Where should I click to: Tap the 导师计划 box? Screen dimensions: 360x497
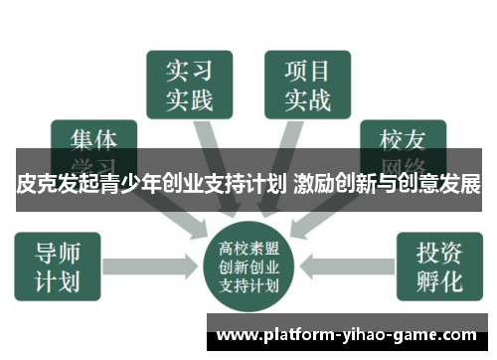tap(58, 265)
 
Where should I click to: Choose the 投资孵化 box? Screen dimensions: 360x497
tap(438, 265)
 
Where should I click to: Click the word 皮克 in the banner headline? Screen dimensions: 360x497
tap(37, 184)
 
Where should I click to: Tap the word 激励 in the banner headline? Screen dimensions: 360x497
tap(316, 184)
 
